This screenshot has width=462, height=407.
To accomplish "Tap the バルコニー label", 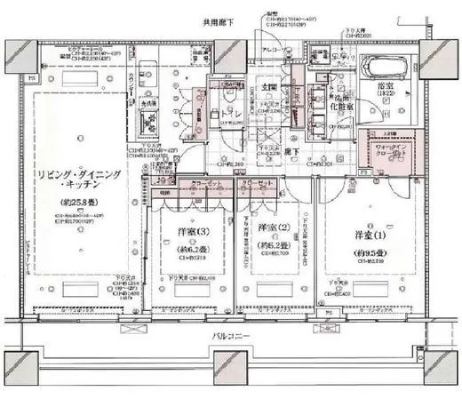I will point(229,337).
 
